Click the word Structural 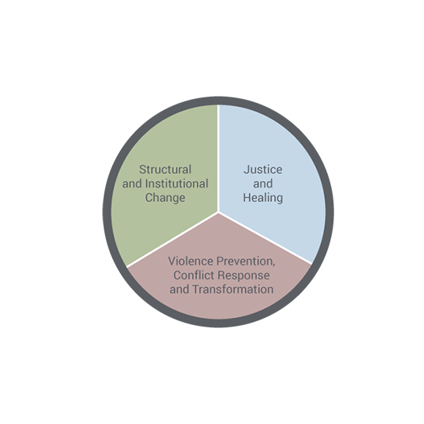[166, 169]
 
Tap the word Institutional [176, 183]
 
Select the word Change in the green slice [166, 198]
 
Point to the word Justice [263, 169]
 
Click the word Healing [263, 198]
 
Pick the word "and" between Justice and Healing [263, 183]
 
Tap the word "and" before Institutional [132, 183]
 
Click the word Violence [190, 262]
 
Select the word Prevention [246, 262]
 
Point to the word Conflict [194, 275]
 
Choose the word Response [244, 275]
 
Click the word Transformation [233, 289]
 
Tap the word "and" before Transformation [180, 289]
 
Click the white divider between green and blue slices [218, 158]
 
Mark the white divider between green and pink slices [173, 240]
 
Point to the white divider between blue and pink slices [265, 238]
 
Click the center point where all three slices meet [218, 212]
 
